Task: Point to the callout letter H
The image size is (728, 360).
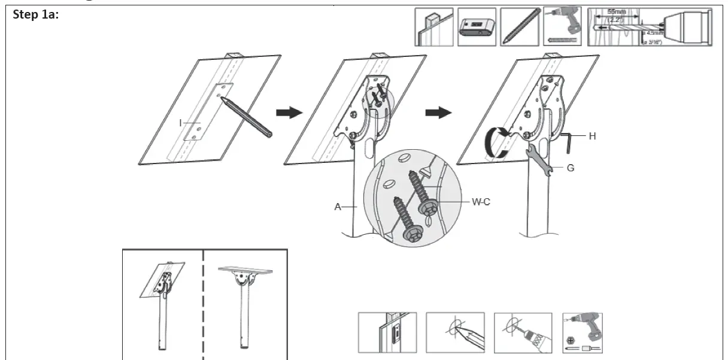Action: click(592, 136)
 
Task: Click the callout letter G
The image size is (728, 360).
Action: click(570, 168)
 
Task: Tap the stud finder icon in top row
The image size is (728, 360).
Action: click(477, 28)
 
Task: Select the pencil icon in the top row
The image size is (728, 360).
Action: click(519, 28)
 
